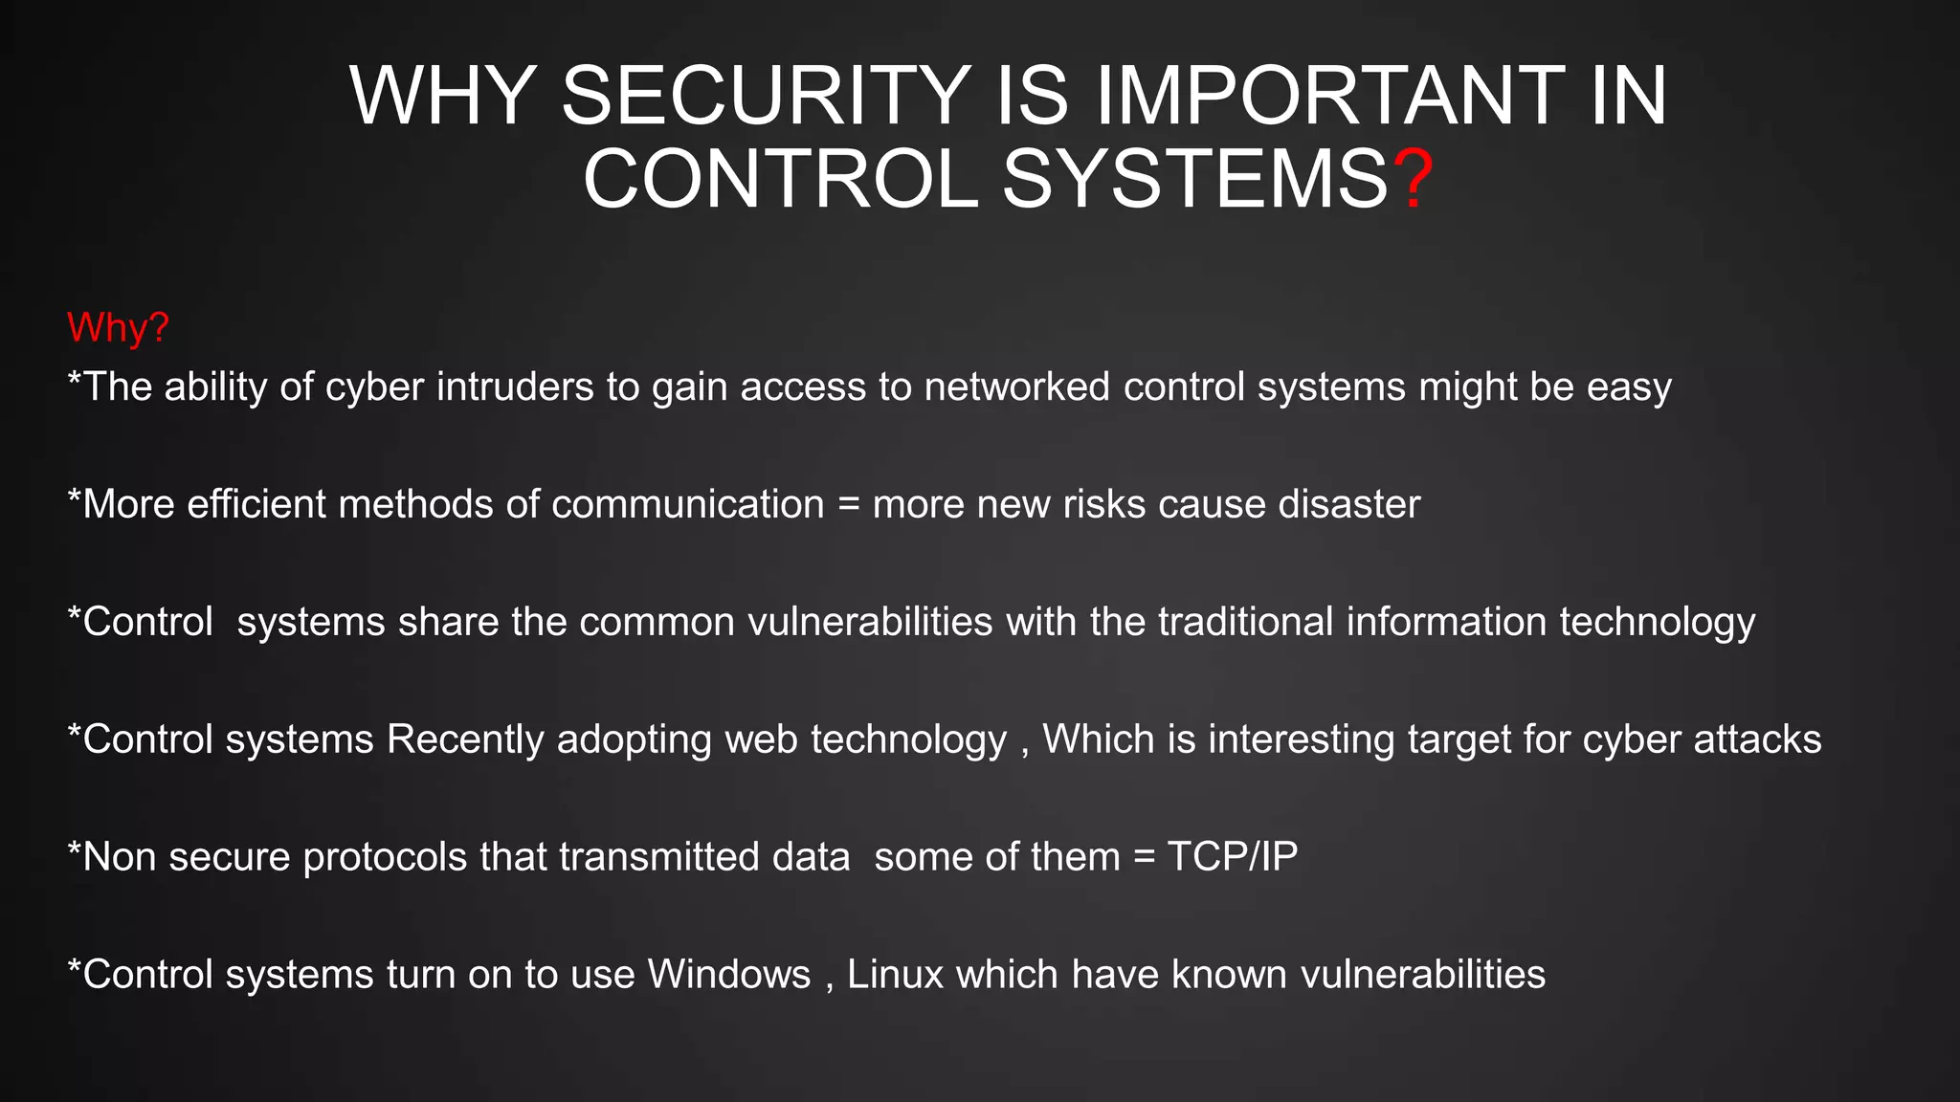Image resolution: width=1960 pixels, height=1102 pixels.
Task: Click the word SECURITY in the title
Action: pyautogui.click(x=766, y=96)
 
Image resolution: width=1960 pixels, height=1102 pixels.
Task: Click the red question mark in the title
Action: pyautogui.click(x=1413, y=180)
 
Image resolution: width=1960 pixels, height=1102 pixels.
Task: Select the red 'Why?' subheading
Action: pyautogui.click(x=118, y=328)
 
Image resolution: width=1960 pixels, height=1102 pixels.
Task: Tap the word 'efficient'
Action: pyautogui.click(x=256, y=504)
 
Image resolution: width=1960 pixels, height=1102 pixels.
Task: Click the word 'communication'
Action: pyautogui.click(x=687, y=504)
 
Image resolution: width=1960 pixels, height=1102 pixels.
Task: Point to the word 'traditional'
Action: pyautogui.click(x=1245, y=622)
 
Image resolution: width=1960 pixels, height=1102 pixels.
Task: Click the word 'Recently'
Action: pyautogui.click(x=465, y=740)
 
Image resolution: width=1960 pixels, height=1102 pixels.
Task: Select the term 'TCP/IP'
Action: pyautogui.click(x=1233, y=857)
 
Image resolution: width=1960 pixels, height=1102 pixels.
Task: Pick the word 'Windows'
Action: pyautogui.click(x=729, y=975)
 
